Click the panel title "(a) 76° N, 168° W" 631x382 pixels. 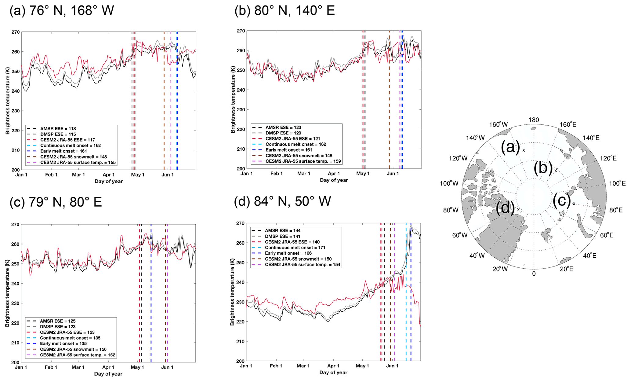[x=62, y=11]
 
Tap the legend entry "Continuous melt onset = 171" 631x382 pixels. [x=295, y=248]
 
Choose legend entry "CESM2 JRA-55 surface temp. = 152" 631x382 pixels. [x=78, y=355]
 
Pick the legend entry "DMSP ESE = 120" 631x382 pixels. [x=283, y=133]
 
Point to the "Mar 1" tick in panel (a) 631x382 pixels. [x=78, y=175]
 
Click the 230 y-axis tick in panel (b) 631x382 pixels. [x=241, y=110]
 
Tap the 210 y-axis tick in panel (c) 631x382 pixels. [x=15, y=343]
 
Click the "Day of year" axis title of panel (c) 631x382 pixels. [x=108, y=374]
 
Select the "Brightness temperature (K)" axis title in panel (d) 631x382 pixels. [x=233, y=292]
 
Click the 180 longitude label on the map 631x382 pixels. [x=534, y=120]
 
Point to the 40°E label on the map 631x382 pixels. [x=589, y=256]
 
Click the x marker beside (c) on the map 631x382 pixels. [x=574, y=204]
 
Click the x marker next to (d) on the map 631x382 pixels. [x=518, y=210]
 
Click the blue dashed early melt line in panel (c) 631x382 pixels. [x=151, y=293]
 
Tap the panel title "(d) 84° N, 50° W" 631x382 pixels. [x=282, y=202]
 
